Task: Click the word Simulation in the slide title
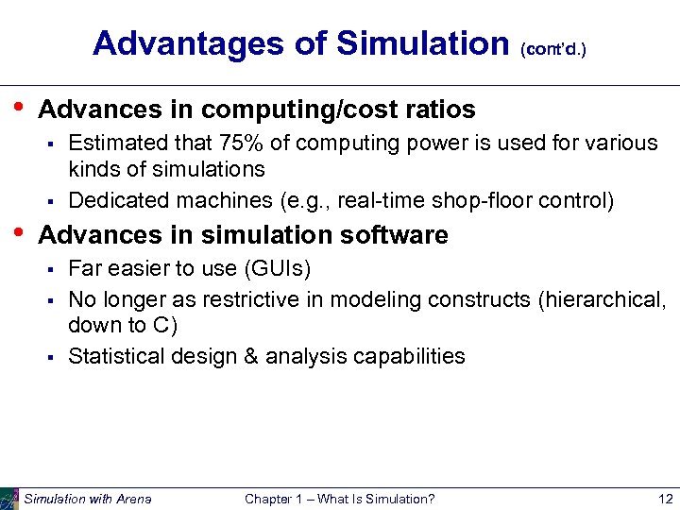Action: [x=422, y=42]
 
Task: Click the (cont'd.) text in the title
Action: [x=553, y=47]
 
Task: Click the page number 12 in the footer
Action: [x=665, y=499]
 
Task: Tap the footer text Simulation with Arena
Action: [x=87, y=499]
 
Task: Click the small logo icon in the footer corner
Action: [x=9, y=499]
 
